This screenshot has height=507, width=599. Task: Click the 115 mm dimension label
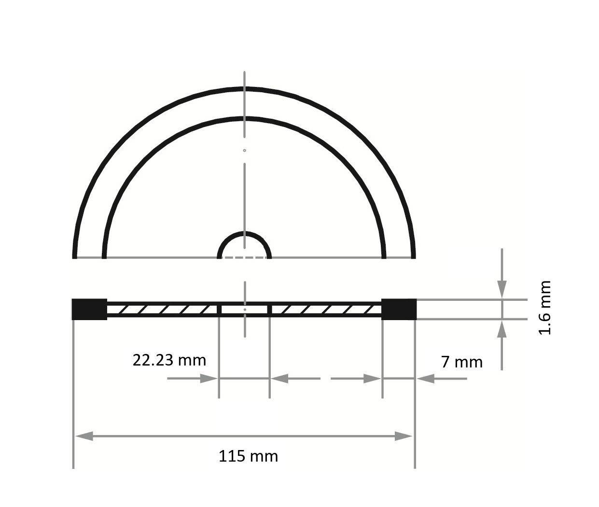248,456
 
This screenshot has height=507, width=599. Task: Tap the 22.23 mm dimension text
169,360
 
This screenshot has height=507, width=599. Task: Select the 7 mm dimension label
461,362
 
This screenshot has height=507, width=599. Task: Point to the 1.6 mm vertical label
544,308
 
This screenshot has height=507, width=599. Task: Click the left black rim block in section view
89,309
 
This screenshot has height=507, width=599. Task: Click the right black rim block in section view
399,309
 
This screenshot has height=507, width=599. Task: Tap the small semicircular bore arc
244,234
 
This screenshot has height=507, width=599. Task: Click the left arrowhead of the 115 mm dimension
83,437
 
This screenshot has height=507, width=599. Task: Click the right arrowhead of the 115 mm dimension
404,437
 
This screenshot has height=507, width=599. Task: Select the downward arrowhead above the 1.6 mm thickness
502,290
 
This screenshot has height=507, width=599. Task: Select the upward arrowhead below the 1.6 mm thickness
502,329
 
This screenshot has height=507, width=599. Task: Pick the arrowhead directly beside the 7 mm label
425,379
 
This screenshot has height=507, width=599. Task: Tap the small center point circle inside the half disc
245,151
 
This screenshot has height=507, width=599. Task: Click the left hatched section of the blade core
163,309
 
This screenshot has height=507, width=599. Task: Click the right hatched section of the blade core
325,309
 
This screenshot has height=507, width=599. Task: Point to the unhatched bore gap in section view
244,309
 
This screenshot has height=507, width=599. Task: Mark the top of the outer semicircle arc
244,89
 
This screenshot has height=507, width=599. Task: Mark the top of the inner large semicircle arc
244,118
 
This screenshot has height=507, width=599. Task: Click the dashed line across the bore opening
244,257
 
